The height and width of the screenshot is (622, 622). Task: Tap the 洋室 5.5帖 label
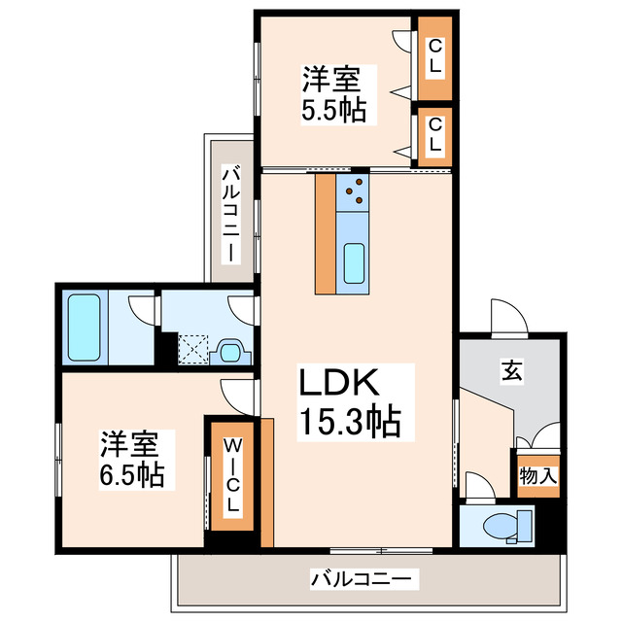point(333,93)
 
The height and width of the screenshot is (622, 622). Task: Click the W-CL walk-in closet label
point(233,477)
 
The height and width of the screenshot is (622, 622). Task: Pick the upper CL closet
point(434,56)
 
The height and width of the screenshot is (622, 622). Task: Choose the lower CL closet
point(434,134)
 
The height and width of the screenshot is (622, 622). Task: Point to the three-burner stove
point(354,190)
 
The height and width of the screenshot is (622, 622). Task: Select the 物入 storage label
point(537,476)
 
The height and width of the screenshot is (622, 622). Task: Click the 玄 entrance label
point(511,370)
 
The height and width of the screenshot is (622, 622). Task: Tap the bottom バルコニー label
point(362,580)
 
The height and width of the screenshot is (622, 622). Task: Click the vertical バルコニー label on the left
point(230,213)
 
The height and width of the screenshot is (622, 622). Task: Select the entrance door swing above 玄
point(507,319)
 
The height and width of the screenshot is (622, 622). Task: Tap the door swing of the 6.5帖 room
point(235,394)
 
